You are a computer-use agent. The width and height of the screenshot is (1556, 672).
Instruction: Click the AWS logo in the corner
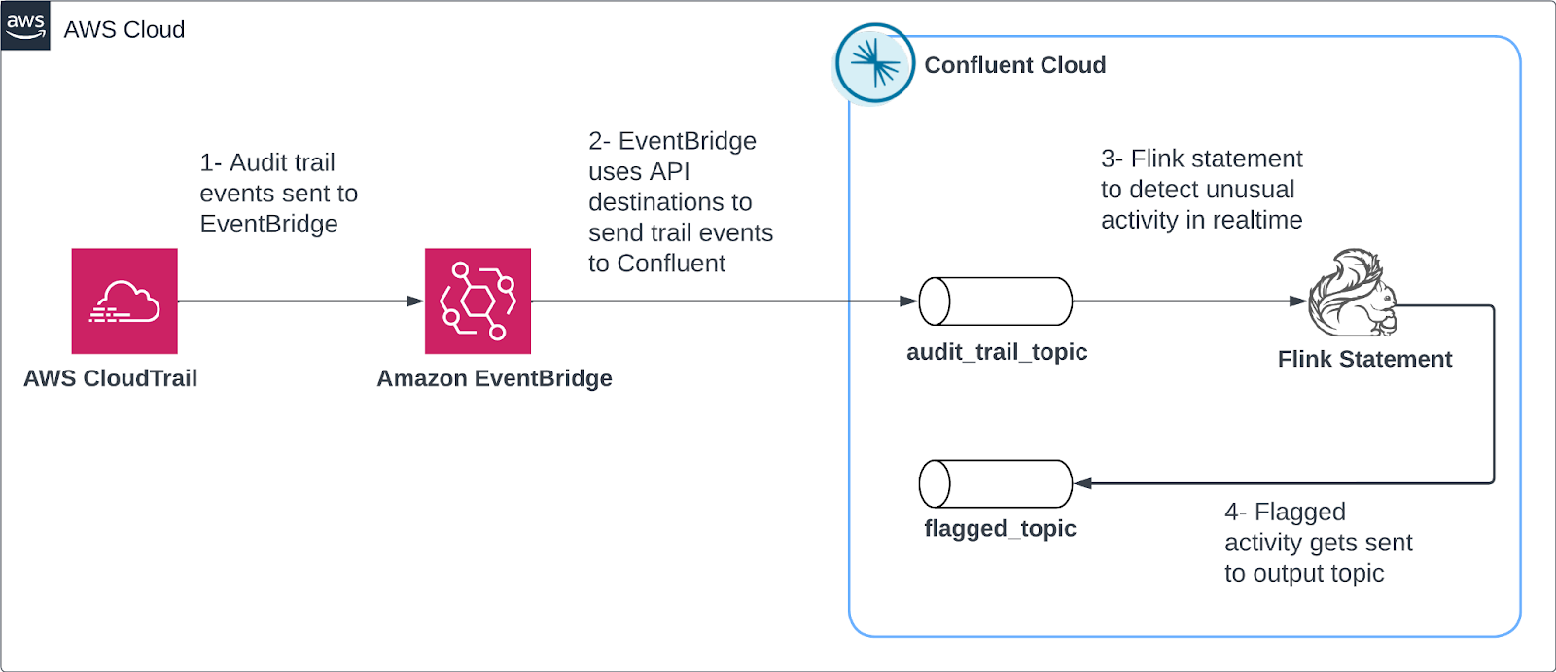[x=25, y=25]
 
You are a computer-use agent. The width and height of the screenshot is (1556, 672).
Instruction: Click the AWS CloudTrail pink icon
[x=124, y=301]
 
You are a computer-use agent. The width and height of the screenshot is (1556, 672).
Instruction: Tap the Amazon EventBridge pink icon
[x=477, y=301]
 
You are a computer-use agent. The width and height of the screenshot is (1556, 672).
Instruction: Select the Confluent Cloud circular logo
[x=874, y=64]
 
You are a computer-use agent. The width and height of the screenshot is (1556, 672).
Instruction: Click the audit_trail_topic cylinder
[x=996, y=301]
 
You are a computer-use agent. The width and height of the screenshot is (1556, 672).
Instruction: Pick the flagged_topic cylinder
[x=996, y=483]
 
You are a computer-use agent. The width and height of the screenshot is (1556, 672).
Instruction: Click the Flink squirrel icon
[x=1353, y=295]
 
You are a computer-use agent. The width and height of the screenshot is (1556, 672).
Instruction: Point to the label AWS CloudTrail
[x=110, y=378]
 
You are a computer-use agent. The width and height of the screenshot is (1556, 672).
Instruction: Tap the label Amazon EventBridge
[x=494, y=378]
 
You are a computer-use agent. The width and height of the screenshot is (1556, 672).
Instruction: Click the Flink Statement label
[x=1364, y=360]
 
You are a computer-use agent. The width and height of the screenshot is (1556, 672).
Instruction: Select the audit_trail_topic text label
[x=997, y=352]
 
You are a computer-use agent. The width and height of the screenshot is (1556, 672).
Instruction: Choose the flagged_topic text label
[x=1000, y=529]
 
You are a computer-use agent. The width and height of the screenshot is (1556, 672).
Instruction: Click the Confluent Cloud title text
[x=1014, y=65]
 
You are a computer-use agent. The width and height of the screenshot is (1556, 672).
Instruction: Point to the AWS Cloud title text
[x=124, y=30]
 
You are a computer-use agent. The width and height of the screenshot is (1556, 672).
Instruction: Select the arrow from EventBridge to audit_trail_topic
[x=720, y=301]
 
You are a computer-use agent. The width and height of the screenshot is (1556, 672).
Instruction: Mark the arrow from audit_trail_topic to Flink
[x=1186, y=301]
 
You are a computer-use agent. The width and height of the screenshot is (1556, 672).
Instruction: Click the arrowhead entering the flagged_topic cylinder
[x=1082, y=483]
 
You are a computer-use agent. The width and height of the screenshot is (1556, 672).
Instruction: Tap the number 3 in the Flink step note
[x=1108, y=159]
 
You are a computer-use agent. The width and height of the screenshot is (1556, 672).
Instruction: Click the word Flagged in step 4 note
[x=1300, y=512]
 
